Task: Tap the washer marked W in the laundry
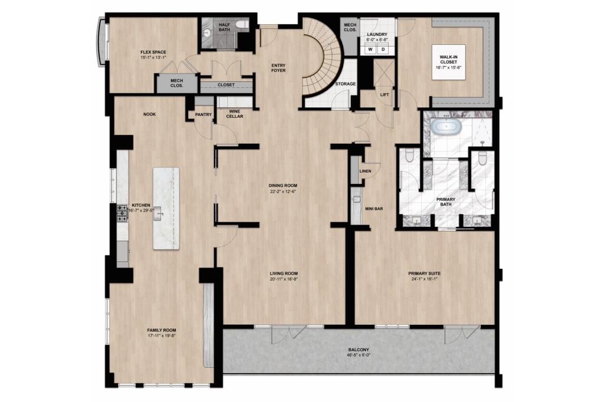(x=370, y=50)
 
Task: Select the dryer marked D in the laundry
(x=383, y=50)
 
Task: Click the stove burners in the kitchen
(x=123, y=213)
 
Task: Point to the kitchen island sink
(x=158, y=216)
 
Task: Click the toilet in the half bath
(x=242, y=24)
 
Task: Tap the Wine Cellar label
(x=235, y=114)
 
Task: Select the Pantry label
(x=203, y=115)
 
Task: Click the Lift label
(x=385, y=95)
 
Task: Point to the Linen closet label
(x=365, y=171)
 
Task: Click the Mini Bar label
(x=373, y=209)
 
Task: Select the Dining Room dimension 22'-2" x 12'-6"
(x=283, y=191)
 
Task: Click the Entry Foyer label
(x=278, y=68)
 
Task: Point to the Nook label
(x=149, y=114)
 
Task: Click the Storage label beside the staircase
(x=346, y=84)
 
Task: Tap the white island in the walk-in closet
(x=448, y=62)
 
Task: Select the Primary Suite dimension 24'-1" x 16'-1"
(x=425, y=279)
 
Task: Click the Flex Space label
(x=153, y=52)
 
